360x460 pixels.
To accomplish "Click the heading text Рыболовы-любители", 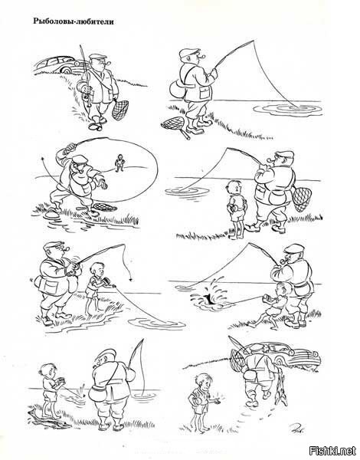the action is [74, 21].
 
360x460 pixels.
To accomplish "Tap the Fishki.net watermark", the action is [332, 449].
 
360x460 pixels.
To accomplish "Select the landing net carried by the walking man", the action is [119, 109].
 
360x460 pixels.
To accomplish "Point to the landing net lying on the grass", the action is [175, 125].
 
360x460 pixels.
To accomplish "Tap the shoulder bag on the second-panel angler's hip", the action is [177, 88].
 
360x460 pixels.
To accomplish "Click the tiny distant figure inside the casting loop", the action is [119, 163].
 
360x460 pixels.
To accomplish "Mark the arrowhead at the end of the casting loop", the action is [44, 158].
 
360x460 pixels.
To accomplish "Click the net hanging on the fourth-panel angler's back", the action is [302, 199].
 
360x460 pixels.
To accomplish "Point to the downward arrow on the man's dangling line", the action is [129, 279].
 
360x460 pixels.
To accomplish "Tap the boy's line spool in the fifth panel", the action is [106, 282].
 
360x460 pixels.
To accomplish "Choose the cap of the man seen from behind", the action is [105, 356].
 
